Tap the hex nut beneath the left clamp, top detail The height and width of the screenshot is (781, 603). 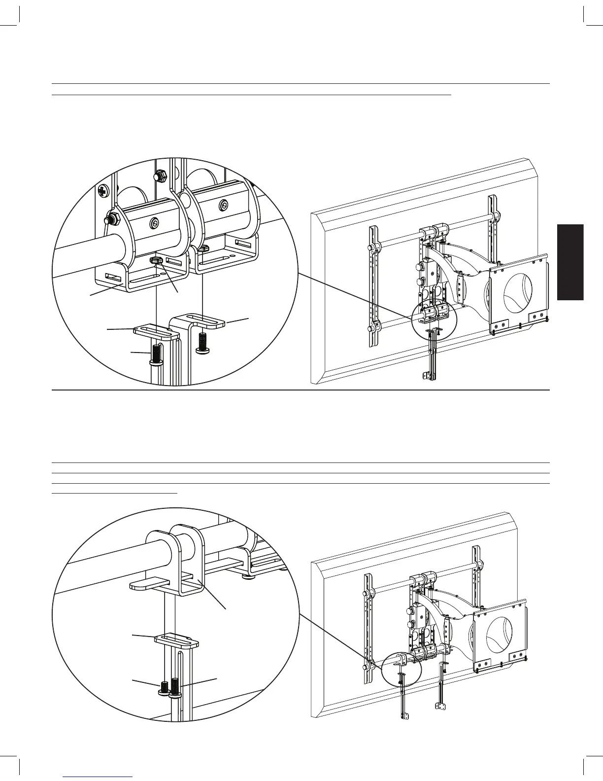[157, 259]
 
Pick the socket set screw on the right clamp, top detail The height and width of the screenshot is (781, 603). [224, 204]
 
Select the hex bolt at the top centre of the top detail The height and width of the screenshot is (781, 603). [160, 175]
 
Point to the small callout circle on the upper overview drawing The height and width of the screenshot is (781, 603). [433, 319]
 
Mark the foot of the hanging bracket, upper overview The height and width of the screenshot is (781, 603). [426, 376]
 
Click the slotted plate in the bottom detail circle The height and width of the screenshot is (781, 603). [176, 639]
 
